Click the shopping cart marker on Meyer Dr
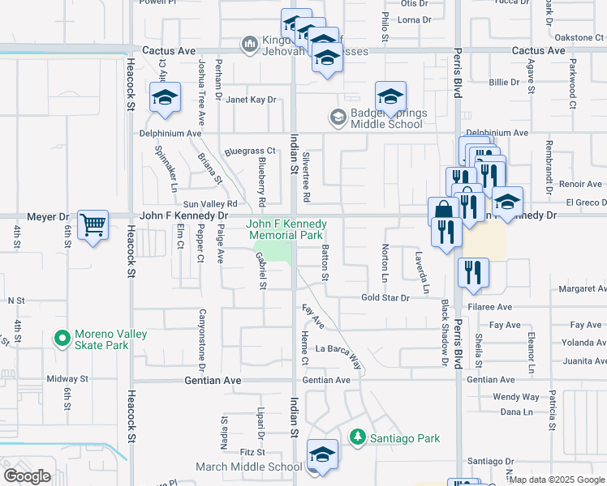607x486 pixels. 93,225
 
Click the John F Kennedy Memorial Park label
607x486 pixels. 286,229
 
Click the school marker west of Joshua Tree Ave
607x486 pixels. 165,99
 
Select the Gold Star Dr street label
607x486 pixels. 385,298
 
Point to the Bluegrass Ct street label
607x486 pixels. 251,151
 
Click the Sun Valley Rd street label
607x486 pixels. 209,204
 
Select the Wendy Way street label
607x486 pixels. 515,397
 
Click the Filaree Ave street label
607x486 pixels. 495,308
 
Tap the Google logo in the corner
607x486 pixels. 27,476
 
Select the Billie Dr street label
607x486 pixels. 503,82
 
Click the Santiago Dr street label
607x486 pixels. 492,461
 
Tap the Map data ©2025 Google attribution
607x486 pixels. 557,480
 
